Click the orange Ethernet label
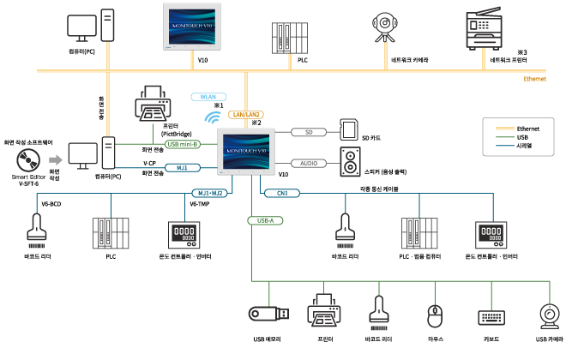click(x=534, y=79)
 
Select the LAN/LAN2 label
click(x=246, y=114)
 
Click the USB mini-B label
click(x=183, y=144)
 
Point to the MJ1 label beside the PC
click(x=182, y=167)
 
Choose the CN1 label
click(x=282, y=193)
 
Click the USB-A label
click(x=266, y=220)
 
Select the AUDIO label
click(x=309, y=163)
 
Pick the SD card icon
click(x=349, y=129)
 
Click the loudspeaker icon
click(x=350, y=161)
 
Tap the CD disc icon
click(x=28, y=159)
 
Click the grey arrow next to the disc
click(x=55, y=159)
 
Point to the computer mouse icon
click(x=436, y=315)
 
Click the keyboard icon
click(x=492, y=315)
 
